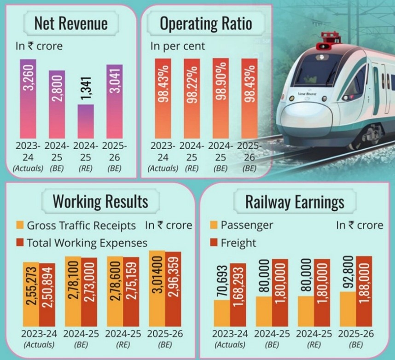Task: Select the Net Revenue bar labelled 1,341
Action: tap(85, 121)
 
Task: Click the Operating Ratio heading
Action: tap(206, 24)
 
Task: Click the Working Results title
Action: tap(100, 201)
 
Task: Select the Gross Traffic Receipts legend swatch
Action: tap(20, 226)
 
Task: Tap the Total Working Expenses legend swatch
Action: tap(20, 242)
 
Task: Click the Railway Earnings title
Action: tap(295, 201)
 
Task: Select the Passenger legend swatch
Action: tap(214, 226)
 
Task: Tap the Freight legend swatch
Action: tap(214, 242)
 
